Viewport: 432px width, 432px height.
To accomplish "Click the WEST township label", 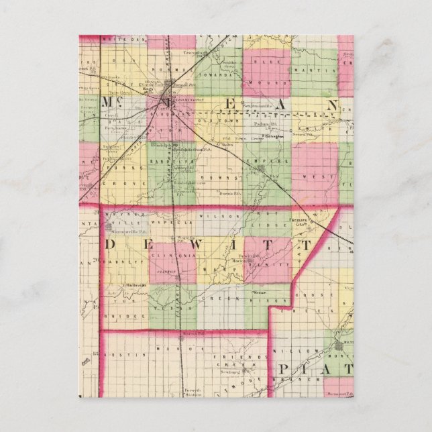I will coord(315,177).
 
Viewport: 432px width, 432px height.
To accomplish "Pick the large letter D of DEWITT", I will coord(115,242).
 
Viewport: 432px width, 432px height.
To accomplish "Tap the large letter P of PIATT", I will coord(285,370).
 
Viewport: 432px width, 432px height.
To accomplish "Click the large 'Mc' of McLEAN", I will coord(110,103).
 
